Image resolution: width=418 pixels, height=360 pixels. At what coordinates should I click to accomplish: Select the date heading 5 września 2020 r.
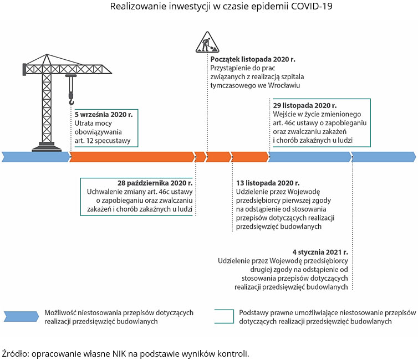click(x=104, y=114)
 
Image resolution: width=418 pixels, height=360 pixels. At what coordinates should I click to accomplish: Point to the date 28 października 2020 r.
click(x=155, y=182)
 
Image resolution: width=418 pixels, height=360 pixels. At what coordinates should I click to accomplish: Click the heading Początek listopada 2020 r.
click(x=252, y=58)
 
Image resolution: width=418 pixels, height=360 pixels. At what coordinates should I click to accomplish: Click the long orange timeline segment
click(x=131, y=157)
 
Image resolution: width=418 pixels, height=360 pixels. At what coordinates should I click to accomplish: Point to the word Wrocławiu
click(x=283, y=86)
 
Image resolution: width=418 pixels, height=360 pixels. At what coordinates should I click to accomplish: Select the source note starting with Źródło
click(x=126, y=353)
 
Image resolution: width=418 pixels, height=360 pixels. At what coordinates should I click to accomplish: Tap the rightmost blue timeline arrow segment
click(x=384, y=157)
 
